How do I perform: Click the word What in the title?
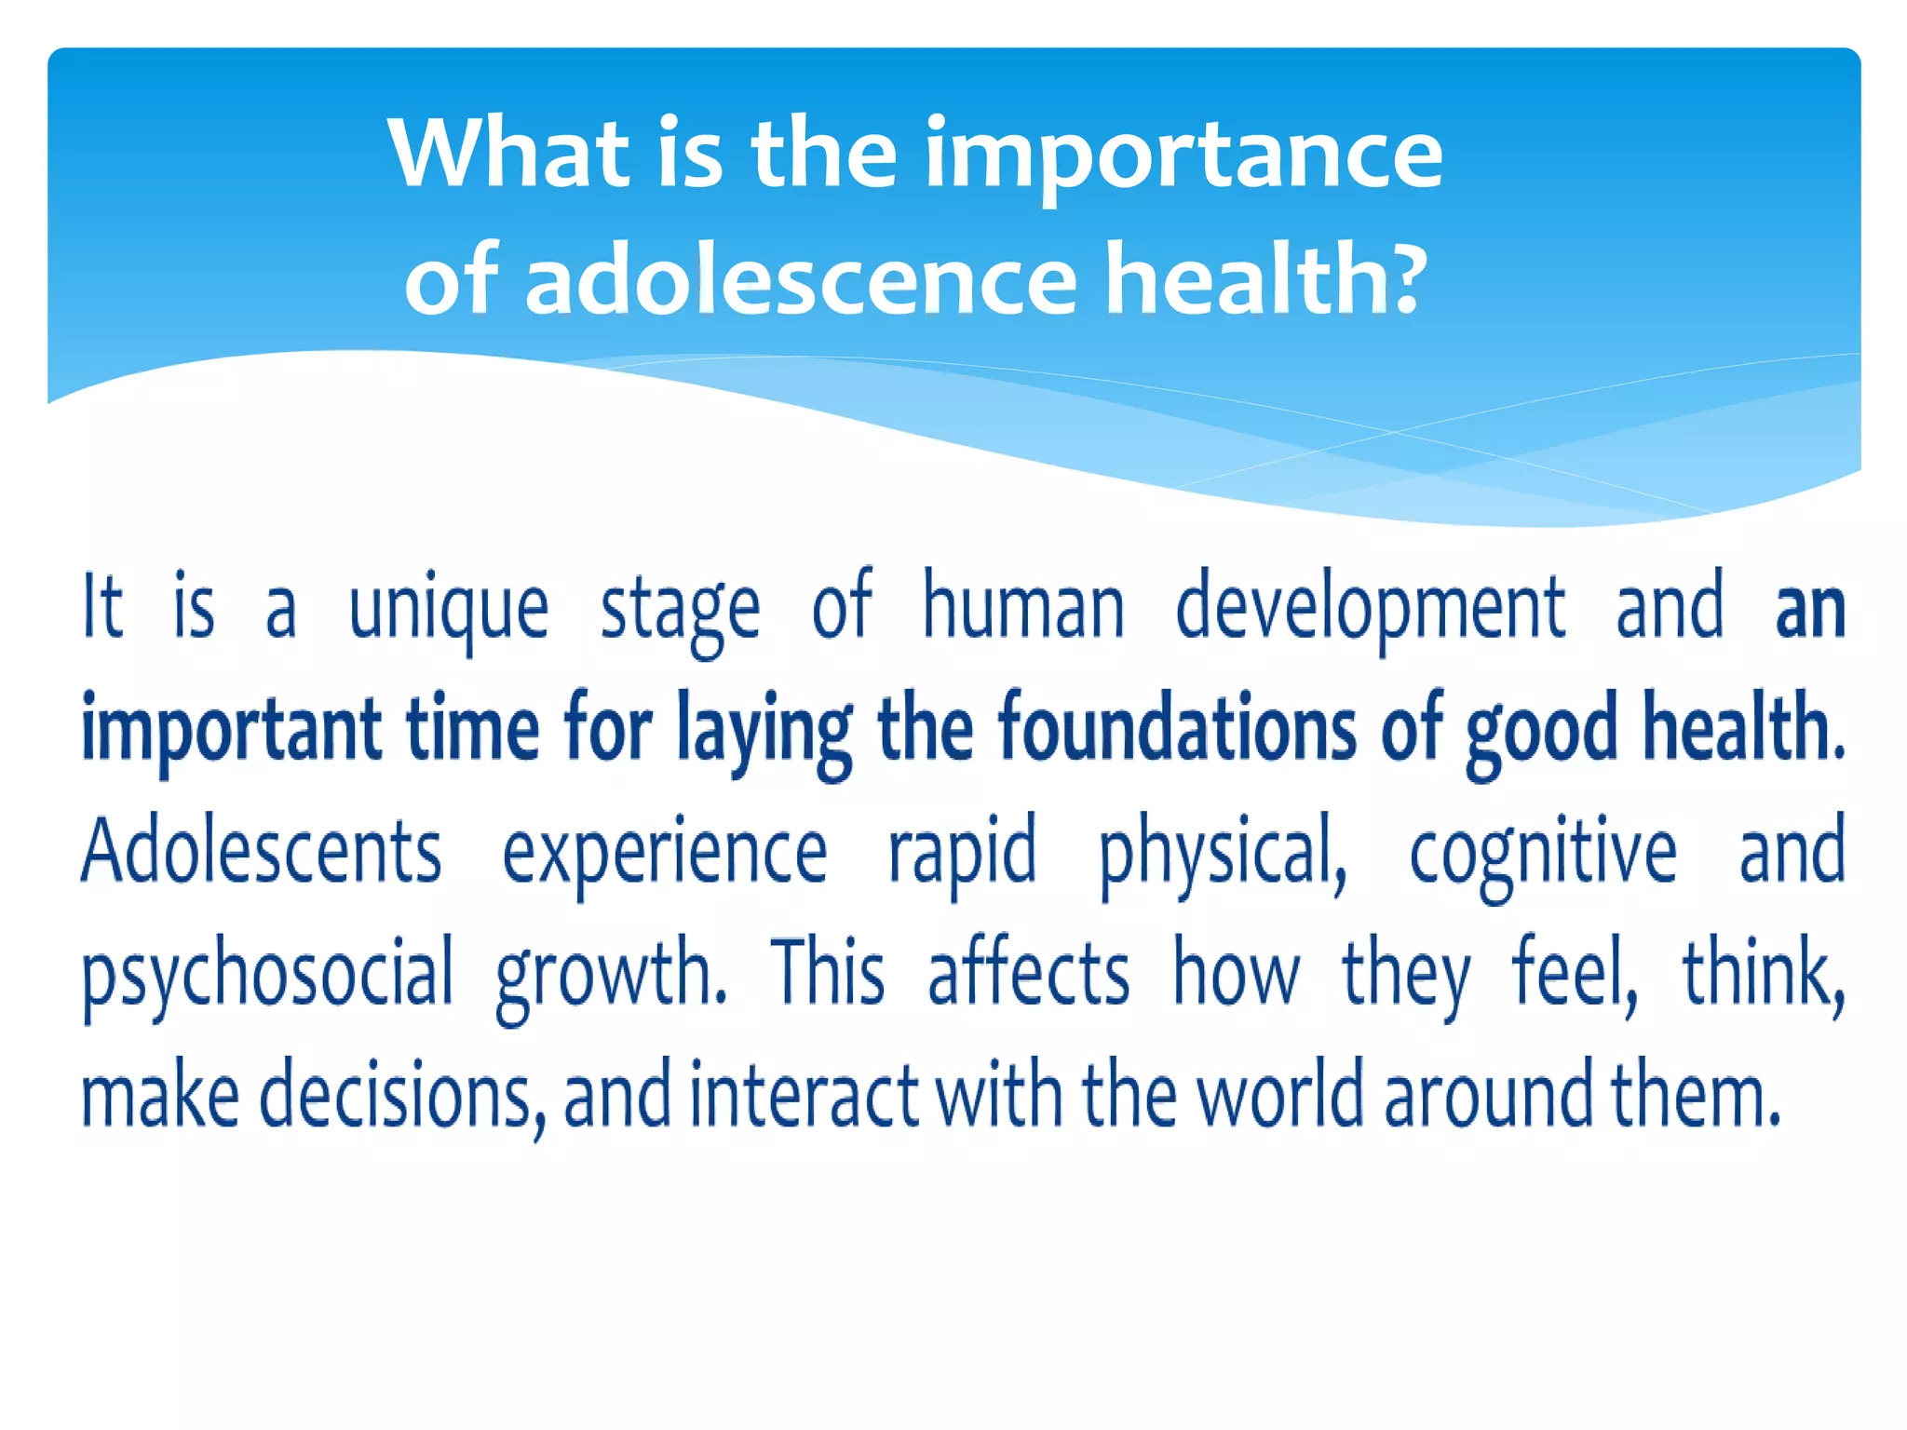pyautogui.click(x=508, y=154)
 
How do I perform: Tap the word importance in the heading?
pyautogui.click(x=1183, y=154)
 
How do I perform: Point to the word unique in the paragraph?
pyautogui.click(x=448, y=610)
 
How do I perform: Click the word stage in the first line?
pyautogui.click(x=680, y=610)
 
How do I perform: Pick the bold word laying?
pyautogui.click(x=764, y=731)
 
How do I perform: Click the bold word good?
pyautogui.click(x=1541, y=731)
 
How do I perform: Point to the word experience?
pyautogui.click(x=664, y=852)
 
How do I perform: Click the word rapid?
pyautogui.click(x=962, y=852)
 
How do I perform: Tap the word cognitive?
pyautogui.click(x=1543, y=852)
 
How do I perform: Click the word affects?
pyautogui.click(x=1028, y=973)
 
